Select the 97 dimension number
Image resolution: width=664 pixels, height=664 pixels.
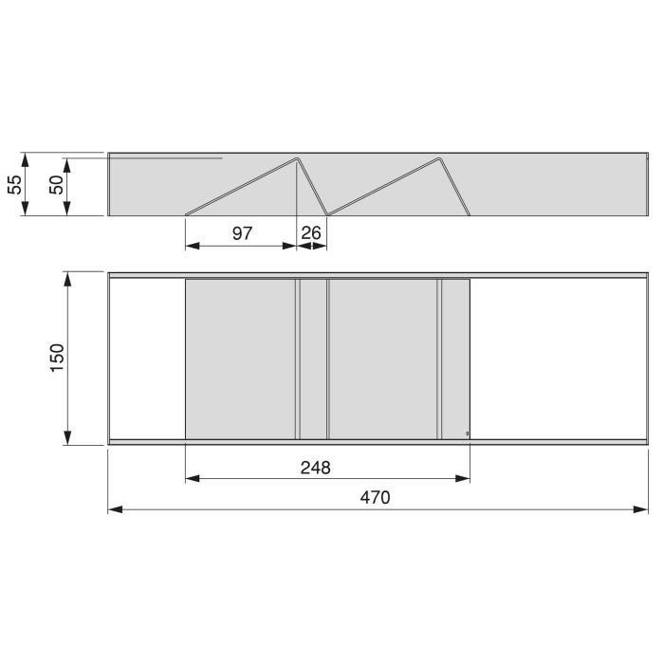[x=242, y=232]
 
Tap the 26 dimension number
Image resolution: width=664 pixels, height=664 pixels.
[x=312, y=232]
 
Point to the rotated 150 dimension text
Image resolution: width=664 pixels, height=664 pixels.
[x=56, y=359]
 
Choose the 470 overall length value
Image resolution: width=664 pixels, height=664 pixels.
[x=376, y=497]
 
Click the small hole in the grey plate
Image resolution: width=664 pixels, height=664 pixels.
[x=467, y=433]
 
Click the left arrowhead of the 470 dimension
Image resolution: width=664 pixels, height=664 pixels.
[x=114, y=509]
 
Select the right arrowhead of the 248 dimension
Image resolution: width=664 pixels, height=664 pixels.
[x=464, y=479]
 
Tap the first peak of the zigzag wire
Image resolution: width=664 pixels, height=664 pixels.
[x=297, y=158]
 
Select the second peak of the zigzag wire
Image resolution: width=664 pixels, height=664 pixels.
[x=439, y=158]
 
